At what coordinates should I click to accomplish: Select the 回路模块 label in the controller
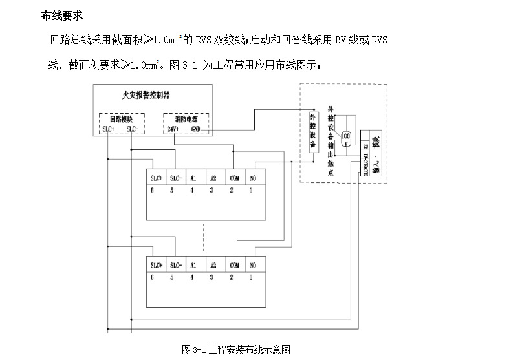(121, 119)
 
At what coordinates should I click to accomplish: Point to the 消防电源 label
(184, 119)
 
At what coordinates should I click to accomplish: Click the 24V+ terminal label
(173, 129)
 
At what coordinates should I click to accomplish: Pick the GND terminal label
(196, 129)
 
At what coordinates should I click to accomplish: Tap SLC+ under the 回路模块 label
(109, 129)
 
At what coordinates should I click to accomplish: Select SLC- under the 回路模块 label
(133, 129)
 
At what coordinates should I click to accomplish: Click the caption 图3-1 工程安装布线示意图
(236, 350)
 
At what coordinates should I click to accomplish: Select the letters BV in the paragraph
(340, 40)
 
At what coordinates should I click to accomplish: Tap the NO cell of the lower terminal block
(253, 265)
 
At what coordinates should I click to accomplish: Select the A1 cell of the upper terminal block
(193, 178)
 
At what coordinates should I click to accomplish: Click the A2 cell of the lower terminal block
(213, 265)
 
